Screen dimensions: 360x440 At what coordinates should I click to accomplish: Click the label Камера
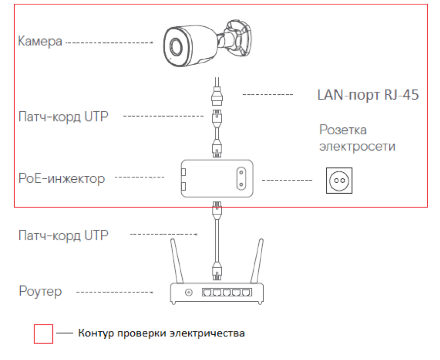(x=40, y=41)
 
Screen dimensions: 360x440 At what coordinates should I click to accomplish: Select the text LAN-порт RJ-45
(x=368, y=95)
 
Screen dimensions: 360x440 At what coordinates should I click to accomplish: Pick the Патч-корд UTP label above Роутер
(x=63, y=235)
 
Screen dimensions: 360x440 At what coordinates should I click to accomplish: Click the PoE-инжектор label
(x=61, y=178)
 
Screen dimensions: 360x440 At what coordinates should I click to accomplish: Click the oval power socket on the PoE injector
(x=241, y=178)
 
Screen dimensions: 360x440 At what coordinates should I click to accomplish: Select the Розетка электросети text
(x=357, y=138)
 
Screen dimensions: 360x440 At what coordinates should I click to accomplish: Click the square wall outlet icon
(x=339, y=180)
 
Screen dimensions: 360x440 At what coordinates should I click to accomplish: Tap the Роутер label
(x=40, y=291)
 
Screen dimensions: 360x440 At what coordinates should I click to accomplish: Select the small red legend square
(x=43, y=334)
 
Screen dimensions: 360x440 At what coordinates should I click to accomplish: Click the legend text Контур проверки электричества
(x=161, y=333)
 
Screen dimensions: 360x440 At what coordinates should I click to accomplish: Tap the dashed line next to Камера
(x=109, y=42)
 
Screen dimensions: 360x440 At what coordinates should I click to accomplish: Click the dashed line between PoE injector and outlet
(x=287, y=180)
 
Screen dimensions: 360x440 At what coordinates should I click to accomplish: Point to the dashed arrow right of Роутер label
(x=114, y=292)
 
